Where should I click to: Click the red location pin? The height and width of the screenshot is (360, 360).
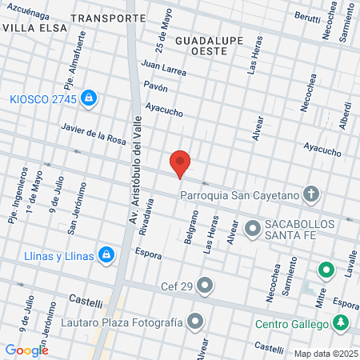tap(181, 163)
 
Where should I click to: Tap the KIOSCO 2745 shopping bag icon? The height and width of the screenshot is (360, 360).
tap(89, 98)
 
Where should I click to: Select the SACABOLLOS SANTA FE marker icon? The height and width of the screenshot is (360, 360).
tap(253, 230)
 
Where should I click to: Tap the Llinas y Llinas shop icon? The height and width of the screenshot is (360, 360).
tap(107, 256)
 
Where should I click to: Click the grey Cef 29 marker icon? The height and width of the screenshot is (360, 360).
tap(206, 285)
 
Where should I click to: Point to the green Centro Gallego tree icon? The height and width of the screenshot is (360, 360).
tap(342, 323)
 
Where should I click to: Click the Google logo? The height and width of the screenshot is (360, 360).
tap(26, 350)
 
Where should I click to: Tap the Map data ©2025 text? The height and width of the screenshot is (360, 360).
tap(325, 353)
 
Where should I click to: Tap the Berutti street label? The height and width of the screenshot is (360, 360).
tap(286, 15)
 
